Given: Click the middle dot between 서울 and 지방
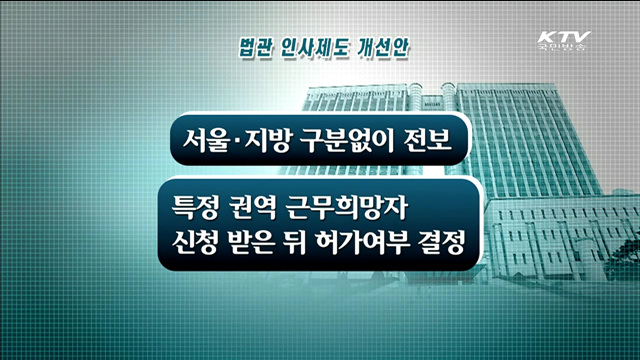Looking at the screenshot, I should pyautogui.click(x=228, y=141).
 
